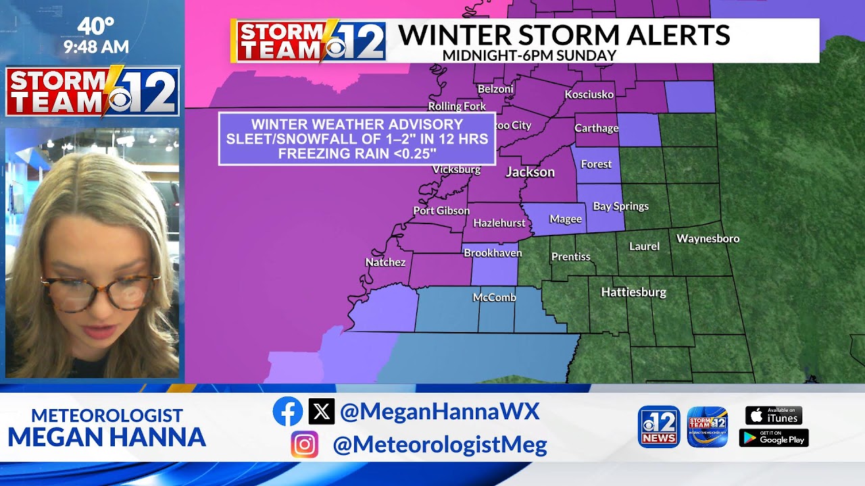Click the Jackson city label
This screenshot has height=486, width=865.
tap(530, 172)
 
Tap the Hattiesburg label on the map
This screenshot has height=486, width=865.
tap(634, 292)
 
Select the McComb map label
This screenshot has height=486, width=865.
tap(495, 297)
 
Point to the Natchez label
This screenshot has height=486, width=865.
tap(385, 262)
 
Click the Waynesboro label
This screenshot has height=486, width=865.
tap(708, 238)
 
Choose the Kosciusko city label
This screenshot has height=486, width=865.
tap(589, 94)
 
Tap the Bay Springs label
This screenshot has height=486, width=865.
tap(620, 207)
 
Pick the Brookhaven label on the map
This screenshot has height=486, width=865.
tap(493, 253)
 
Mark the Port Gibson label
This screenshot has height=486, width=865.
tap(441, 211)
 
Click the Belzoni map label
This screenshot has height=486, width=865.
tap(495, 89)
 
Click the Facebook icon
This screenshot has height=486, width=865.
tap(288, 411)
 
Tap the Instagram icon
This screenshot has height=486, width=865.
tap(305, 444)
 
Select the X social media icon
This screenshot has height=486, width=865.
tap(322, 411)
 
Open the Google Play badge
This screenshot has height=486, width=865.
tap(774, 438)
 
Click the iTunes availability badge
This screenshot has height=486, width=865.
tap(774, 415)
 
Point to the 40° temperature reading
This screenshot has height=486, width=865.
tap(96, 26)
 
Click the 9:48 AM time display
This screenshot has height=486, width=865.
tap(96, 47)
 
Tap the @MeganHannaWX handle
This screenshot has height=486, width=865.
tap(439, 411)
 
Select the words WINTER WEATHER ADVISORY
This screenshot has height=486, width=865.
tap(357, 125)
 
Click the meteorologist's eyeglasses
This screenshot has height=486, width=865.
tap(101, 292)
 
